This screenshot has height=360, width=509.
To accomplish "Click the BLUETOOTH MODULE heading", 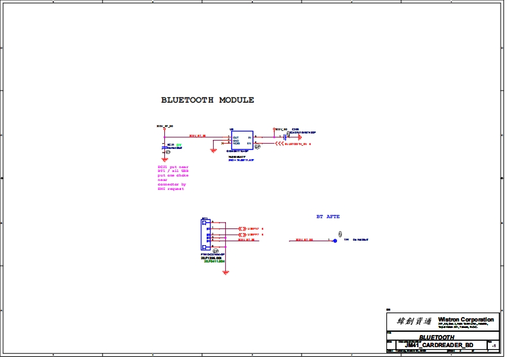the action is pos(207,100).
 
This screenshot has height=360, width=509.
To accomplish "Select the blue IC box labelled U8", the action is pos(243,141).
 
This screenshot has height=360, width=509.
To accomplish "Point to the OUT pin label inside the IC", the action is pos(236,137).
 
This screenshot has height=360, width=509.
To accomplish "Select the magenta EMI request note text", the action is pos(173,177).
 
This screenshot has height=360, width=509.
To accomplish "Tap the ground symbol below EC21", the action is pos(167,153).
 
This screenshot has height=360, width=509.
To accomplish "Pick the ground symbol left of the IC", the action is pos(214,151).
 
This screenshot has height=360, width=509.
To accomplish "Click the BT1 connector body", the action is pos(206,234).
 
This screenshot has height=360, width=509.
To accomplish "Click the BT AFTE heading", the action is pos(328,216).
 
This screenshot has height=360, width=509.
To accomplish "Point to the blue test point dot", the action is pos(334,239).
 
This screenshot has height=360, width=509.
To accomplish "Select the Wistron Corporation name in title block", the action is pos(466,319).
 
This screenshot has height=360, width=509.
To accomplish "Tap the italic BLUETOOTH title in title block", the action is pos(436,337).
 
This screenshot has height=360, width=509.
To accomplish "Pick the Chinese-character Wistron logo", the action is pos(410,320).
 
